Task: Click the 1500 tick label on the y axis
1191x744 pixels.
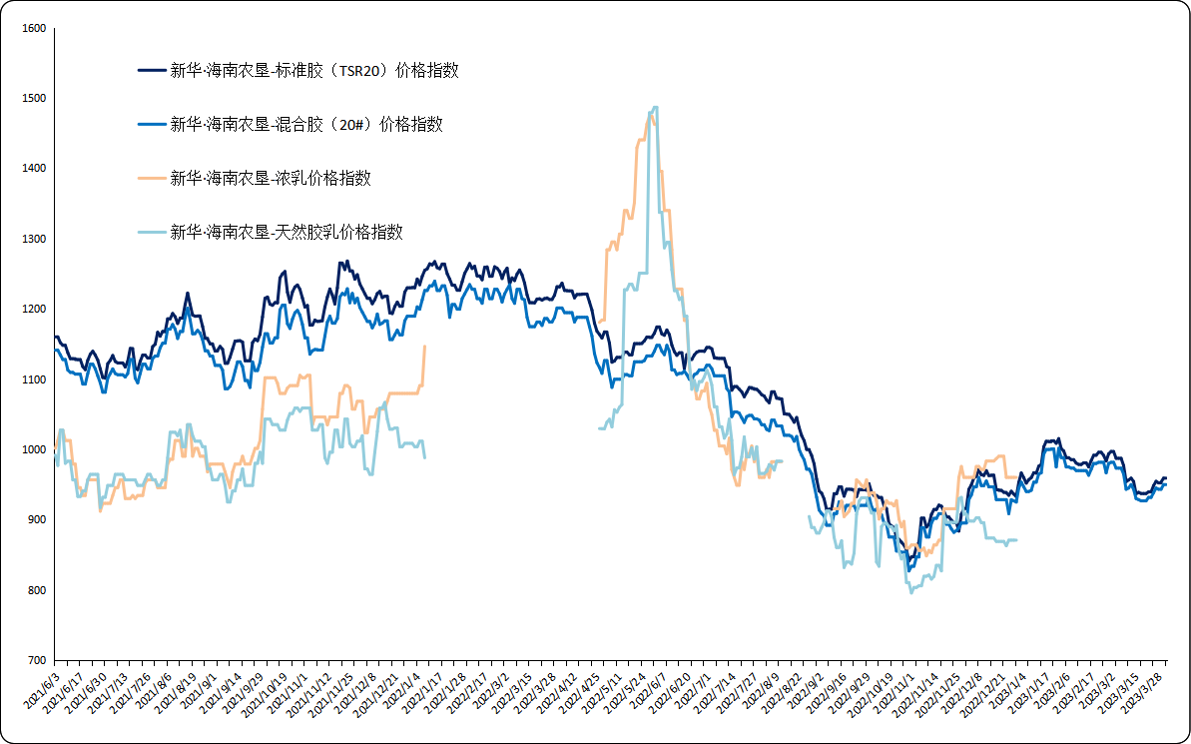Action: [34, 99]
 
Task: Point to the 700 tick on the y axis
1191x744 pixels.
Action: [34, 661]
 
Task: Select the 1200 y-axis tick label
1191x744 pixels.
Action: [34, 310]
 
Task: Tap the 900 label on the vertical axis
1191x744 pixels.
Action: [36, 520]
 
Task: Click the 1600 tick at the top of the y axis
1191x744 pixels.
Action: [34, 29]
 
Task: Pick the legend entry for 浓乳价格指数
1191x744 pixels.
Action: [270, 179]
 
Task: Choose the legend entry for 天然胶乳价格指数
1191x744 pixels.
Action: [286, 233]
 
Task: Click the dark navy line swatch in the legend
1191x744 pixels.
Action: [151, 71]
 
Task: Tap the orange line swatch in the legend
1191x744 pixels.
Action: [151, 179]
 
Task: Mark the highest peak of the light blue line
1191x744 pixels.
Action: [654, 107]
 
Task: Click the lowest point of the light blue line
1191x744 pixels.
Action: [909, 592]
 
